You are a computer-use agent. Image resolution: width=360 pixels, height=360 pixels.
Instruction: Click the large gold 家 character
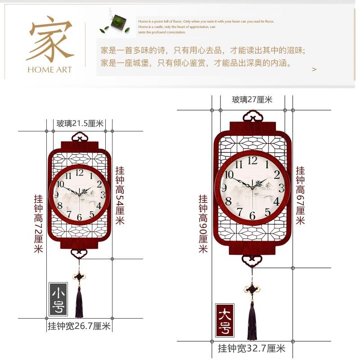(50, 40)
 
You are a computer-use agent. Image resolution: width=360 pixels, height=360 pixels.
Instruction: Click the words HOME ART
(49, 70)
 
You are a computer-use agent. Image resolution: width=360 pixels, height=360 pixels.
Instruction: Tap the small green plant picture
(118, 22)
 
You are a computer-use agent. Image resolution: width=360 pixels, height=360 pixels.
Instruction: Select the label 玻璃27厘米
(252, 100)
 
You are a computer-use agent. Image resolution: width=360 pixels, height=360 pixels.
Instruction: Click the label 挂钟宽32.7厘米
(252, 348)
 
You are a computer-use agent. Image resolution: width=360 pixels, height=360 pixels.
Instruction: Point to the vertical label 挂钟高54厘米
(120, 195)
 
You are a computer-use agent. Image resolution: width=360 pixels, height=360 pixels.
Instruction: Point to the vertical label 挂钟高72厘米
(39, 224)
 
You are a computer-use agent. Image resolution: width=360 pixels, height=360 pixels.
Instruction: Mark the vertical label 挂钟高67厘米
(300, 195)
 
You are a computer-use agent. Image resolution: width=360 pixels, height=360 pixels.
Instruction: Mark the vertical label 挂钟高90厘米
(203, 224)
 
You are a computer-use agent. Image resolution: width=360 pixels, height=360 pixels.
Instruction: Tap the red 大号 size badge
(225, 320)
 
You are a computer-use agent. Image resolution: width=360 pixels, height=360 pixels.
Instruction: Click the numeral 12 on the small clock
(80, 172)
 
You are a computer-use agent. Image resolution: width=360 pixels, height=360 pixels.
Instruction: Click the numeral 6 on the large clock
(252, 216)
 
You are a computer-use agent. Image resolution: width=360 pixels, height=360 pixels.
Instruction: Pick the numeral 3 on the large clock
(281, 188)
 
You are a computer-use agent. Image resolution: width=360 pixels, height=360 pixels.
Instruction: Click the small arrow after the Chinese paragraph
(314, 69)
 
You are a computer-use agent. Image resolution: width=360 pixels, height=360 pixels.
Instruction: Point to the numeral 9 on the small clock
(56, 195)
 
